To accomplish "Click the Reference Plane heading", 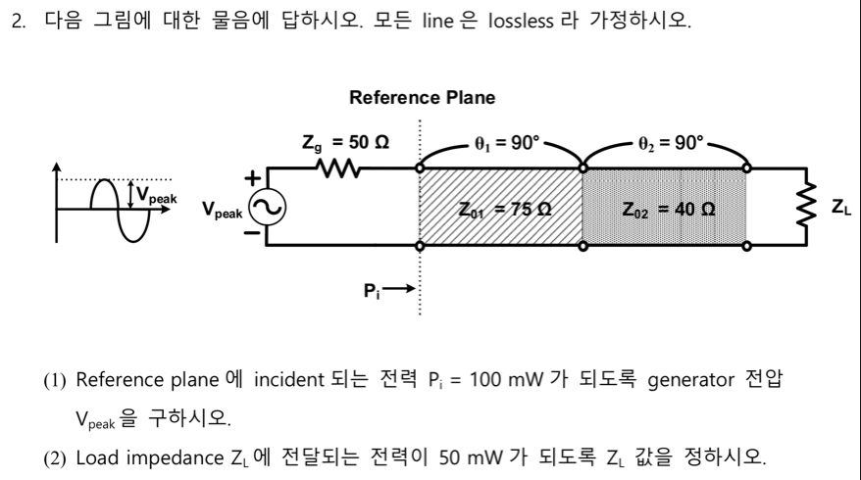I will pyautogui.click(x=422, y=98).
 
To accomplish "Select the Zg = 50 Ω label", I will pyautogui.click(x=345, y=143).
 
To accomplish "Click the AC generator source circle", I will pyautogui.click(x=266, y=207).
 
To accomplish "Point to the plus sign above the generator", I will pyautogui.click(x=252, y=179).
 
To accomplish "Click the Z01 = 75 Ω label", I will pyautogui.click(x=503, y=209).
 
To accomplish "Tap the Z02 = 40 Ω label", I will pyautogui.click(x=667, y=209).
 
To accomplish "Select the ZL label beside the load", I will pyautogui.click(x=840, y=207).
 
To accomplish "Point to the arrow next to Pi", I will pyautogui.click(x=399, y=290).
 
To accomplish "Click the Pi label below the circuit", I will pyautogui.click(x=370, y=290).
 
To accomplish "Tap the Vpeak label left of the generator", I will pyautogui.click(x=222, y=210).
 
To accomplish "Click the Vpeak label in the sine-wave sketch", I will pyautogui.click(x=157, y=195).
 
